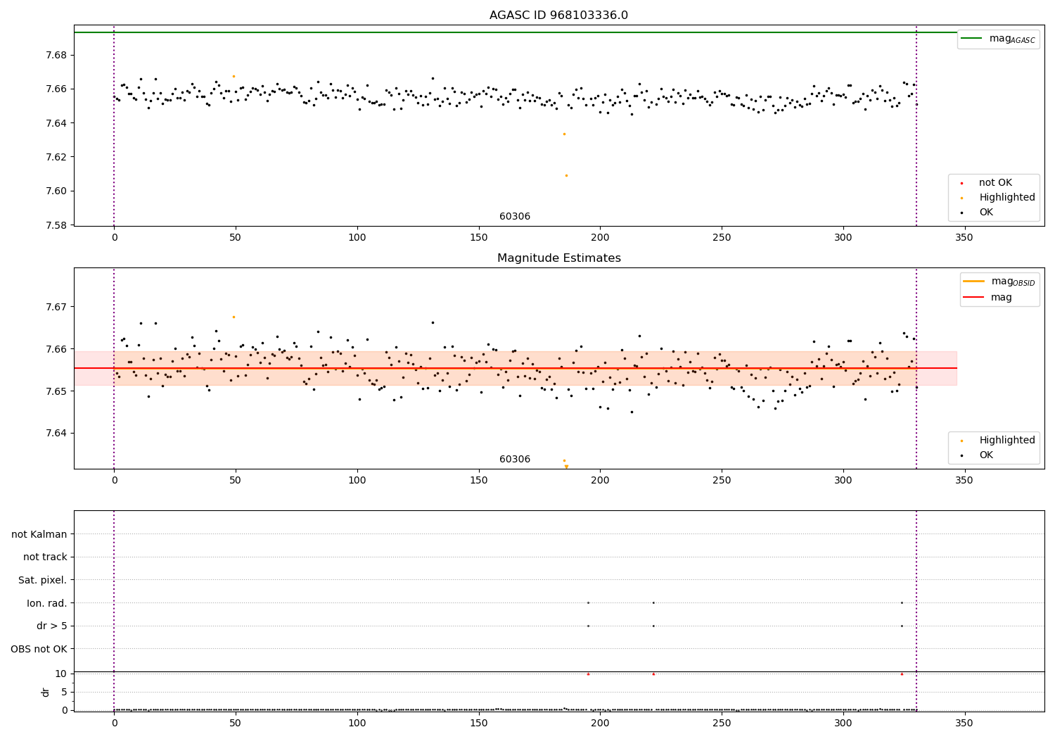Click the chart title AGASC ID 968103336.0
(558, 15)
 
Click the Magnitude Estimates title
(558, 258)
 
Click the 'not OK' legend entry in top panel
(995, 183)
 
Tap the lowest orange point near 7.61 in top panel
(566, 175)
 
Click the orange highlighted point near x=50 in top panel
(234, 76)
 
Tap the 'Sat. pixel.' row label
(42, 580)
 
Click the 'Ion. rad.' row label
(46, 603)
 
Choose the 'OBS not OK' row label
(39, 649)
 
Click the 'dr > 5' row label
(51, 626)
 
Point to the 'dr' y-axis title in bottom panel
(46, 692)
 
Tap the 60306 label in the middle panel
(515, 460)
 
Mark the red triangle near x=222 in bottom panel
(653, 674)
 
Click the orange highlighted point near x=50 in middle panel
(234, 317)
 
